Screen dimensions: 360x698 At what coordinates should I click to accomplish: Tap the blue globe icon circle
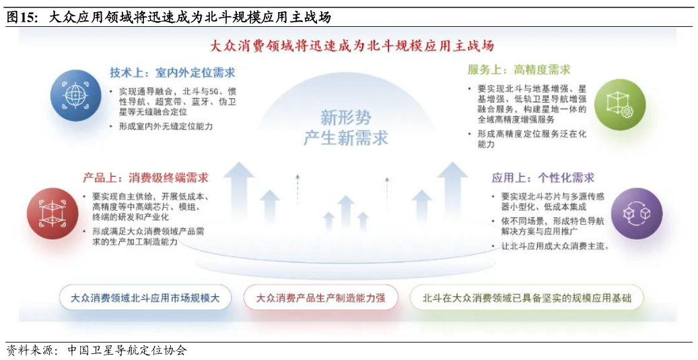pos(75,96)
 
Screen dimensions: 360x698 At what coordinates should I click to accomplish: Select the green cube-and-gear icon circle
pos(619,104)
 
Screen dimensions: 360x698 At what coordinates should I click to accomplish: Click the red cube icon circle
pos(53,213)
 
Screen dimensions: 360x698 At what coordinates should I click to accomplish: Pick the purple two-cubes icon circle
pos(636,213)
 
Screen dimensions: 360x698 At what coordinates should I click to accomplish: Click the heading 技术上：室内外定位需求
pos(172,73)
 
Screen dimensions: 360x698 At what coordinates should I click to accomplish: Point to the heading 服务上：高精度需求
pos(519,69)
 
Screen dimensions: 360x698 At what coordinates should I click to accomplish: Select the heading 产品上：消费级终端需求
pos(145,178)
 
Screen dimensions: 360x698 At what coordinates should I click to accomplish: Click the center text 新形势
pos(345,118)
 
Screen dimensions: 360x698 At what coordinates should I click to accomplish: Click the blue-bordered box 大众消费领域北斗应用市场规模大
pos(145,297)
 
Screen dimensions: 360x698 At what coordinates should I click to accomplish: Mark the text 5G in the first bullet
pos(213,92)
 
